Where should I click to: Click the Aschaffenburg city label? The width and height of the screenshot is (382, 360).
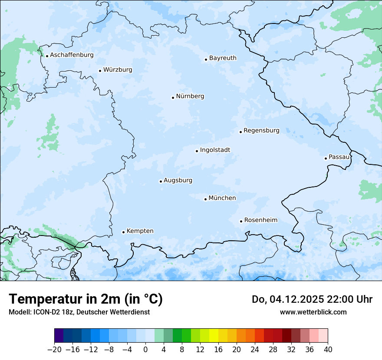coord(72,55)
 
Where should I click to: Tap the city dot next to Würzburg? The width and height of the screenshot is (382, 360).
coord(100,71)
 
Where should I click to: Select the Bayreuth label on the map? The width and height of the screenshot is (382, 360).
coord(223,58)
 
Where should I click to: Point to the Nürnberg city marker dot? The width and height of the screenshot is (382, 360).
coord(173,98)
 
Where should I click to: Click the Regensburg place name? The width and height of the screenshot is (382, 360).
coord(261,131)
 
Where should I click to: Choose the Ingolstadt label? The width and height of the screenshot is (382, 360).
coord(215,150)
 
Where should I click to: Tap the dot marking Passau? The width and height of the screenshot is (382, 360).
coord(326,158)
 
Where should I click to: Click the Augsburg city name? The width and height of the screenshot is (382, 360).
coord(178,180)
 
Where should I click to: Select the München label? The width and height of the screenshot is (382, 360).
coord(222,198)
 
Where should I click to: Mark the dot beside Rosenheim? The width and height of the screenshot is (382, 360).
coord(241,221)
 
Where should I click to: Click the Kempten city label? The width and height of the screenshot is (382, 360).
coord(140,231)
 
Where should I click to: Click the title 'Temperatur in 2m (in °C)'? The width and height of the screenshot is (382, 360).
coord(86,299)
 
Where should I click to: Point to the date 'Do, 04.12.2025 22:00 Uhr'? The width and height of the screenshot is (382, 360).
coord(312,299)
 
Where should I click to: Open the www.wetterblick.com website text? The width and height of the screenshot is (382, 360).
coord(313,312)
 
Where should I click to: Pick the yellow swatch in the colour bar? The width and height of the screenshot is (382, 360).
coord(214,336)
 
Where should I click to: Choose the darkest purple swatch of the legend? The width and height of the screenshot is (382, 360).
coord(59,336)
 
